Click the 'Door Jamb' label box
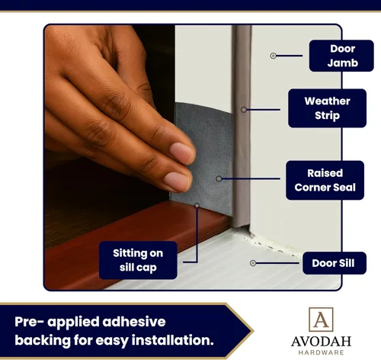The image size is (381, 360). [341, 56]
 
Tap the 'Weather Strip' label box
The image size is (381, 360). [327, 108]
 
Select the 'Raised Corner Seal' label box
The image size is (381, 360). [325, 180]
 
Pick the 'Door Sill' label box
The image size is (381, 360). [335, 263]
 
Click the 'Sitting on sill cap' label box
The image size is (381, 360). [138, 260]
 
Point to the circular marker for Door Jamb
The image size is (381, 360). [274, 56]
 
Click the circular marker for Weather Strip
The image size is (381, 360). [244, 110]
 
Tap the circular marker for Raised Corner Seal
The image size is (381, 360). [219, 178]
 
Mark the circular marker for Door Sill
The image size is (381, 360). [253, 263]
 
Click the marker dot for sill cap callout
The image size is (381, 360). [197, 205]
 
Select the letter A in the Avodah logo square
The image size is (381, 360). [321, 320]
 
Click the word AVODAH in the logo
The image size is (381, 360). [321, 341]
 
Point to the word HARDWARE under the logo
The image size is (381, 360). [321, 352]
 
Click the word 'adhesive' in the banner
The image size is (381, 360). [134, 322]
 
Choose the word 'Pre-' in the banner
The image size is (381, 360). [30, 322]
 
